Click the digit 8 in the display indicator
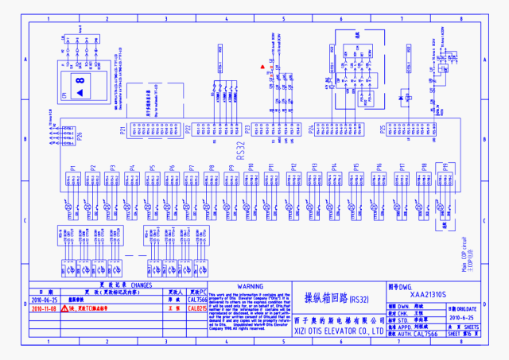pyautogui.click(x=80, y=81)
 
